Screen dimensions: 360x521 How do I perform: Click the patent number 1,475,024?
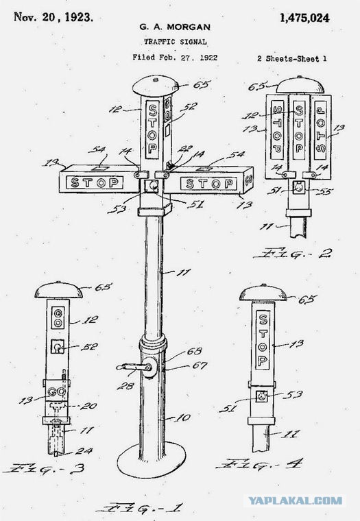pyautogui.click(x=304, y=18)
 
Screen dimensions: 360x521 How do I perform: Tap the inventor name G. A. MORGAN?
pyautogui.click(x=175, y=27)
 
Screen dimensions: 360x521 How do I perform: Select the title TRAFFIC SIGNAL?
pyautogui.click(x=175, y=42)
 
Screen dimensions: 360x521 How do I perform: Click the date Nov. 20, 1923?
pyautogui.click(x=53, y=17)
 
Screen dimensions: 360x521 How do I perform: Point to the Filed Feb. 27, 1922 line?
pyautogui.click(x=175, y=58)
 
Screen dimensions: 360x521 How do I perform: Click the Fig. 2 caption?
pyautogui.click(x=293, y=254)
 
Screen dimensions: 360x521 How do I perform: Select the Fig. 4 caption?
pyautogui.click(x=260, y=464)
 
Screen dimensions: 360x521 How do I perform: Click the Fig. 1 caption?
pyautogui.click(x=139, y=509)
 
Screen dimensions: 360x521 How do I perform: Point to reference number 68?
pyautogui.click(x=195, y=351)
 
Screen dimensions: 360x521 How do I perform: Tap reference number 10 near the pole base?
pyautogui.click(x=183, y=417)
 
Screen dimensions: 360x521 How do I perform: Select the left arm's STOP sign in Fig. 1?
pyautogui.click(x=95, y=182)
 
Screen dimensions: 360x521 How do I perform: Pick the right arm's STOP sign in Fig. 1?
pyautogui.click(x=209, y=184)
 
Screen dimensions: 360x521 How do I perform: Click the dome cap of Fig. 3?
pyautogui.click(x=58, y=290)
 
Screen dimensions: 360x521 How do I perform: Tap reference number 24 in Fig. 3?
pyautogui.click(x=84, y=451)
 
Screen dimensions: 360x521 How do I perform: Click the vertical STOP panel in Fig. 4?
pyautogui.click(x=263, y=340)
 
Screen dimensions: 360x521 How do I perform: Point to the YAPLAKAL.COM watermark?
pyautogui.click(x=295, y=500)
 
